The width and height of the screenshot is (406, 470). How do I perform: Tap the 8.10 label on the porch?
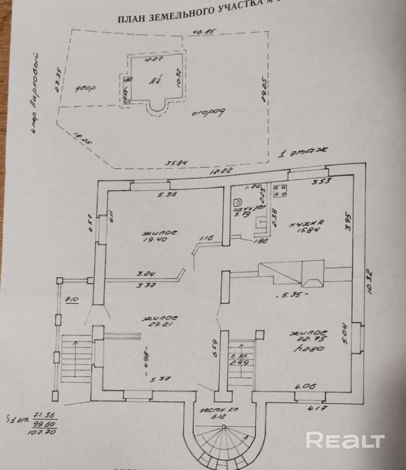click(72, 300)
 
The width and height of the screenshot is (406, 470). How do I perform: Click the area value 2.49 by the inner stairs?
click(238, 362)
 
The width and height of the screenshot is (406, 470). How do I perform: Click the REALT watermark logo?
click(345, 440)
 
